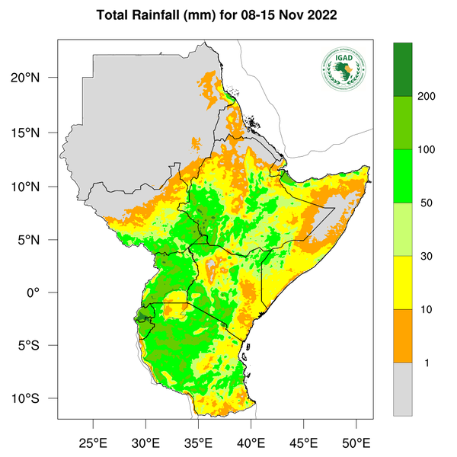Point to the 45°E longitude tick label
pos(304,442)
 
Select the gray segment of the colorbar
pos(402,388)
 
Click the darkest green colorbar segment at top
pos(402,69)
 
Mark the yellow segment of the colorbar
pos(402,283)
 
